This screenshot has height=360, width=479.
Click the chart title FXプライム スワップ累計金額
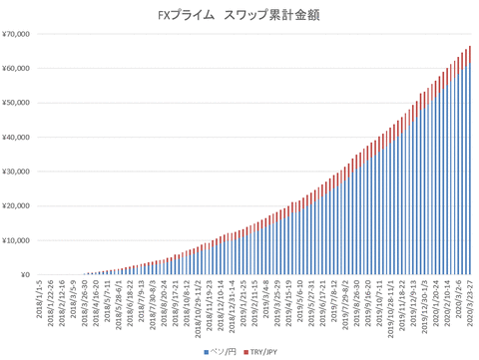coord(239,16)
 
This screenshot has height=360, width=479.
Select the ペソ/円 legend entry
coord(222,351)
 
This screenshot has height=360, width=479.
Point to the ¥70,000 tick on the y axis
coord(19,34)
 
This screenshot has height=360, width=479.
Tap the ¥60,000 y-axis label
coord(19,69)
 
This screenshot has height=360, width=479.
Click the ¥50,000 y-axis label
coord(19,103)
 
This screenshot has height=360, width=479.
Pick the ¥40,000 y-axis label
coord(19,138)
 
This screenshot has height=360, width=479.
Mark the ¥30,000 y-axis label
coord(19,172)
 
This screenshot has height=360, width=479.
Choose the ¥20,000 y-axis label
coord(19,206)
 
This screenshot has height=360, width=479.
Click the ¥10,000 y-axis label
coord(19,240)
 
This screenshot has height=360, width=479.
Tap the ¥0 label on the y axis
coord(26,275)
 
